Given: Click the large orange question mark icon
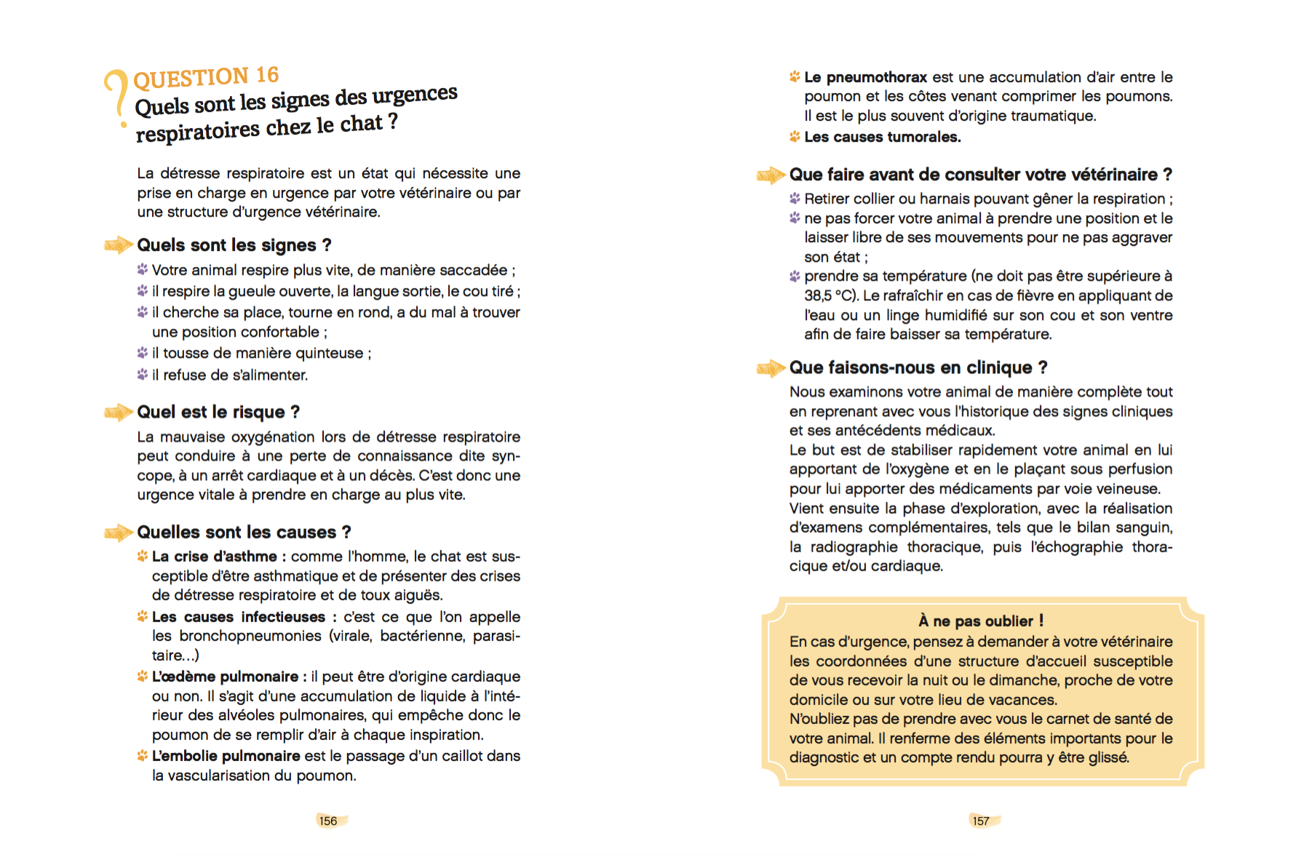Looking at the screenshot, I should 116,95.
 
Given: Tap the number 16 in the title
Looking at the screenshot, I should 267,75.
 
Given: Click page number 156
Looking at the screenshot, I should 328,821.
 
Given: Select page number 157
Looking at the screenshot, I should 981,821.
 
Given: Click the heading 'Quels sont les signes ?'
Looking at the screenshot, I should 234,245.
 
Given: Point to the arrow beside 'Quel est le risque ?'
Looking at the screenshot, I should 117,412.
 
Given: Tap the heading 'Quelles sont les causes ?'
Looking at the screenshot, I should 244,533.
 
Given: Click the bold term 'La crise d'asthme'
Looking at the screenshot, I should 214,557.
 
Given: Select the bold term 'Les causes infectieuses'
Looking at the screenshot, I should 238,617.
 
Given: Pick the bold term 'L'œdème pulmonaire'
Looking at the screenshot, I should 225,677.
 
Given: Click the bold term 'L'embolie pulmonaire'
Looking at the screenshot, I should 226,756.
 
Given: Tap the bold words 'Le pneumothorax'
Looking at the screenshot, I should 865,77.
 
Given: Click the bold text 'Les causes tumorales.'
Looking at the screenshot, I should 882,137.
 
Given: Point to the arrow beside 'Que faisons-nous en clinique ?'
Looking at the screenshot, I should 770,368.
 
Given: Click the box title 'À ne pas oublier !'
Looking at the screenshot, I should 980,621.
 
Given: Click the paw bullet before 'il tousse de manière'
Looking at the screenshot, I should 143,353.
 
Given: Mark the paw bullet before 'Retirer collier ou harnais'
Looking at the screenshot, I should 795,199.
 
